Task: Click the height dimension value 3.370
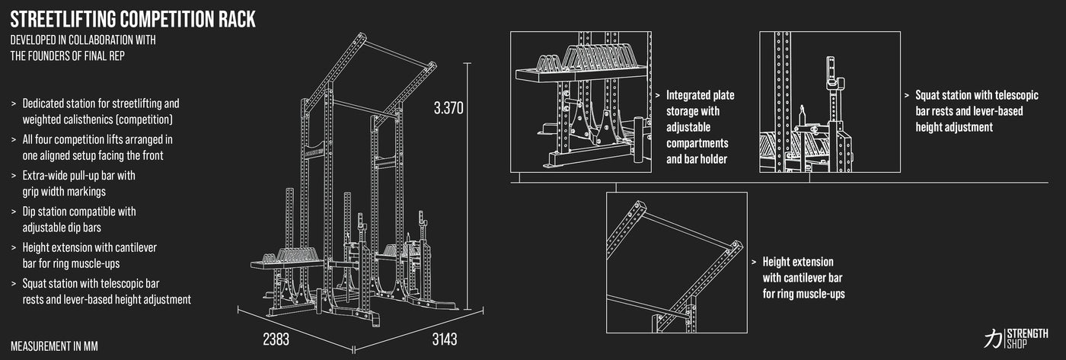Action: click(x=448, y=108)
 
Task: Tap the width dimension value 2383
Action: click(x=276, y=339)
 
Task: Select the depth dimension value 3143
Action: click(x=445, y=339)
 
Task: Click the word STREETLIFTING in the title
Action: click(x=63, y=20)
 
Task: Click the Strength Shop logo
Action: click(x=1016, y=339)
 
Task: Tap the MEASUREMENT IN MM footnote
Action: click(x=54, y=346)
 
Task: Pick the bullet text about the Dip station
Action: click(x=79, y=219)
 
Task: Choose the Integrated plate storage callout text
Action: click(x=700, y=127)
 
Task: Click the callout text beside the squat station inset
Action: click(x=976, y=111)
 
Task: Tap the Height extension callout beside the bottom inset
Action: click(x=803, y=278)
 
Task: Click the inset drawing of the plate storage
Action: click(x=580, y=102)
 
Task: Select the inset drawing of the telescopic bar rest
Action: click(x=830, y=102)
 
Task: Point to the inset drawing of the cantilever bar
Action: click(x=677, y=263)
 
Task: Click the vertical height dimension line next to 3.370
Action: click(x=468, y=186)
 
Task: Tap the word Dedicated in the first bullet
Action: click(x=45, y=104)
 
